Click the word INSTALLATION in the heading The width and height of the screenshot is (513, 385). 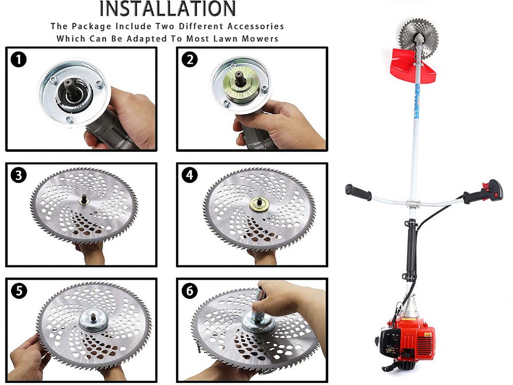tap(167, 9)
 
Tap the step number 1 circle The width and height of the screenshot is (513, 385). tap(18, 60)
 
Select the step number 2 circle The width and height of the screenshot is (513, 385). tap(190, 60)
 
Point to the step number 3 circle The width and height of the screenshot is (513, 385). tap(18, 175)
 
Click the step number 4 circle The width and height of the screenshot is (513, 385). tap(190, 175)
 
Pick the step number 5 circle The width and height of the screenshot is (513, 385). tap(18, 291)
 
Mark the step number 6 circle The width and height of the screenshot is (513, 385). tap(190, 291)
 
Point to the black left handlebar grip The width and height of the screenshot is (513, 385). tap(358, 192)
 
